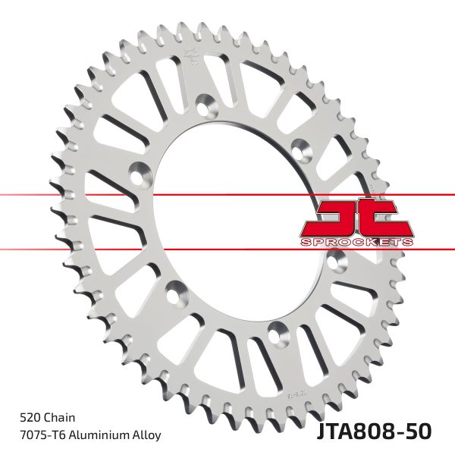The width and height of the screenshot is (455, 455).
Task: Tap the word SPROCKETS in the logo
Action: click(x=356, y=240)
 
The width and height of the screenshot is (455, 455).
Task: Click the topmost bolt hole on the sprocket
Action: click(x=205, y=103)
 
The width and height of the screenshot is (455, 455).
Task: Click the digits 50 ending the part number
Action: click(x=417, y=430)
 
